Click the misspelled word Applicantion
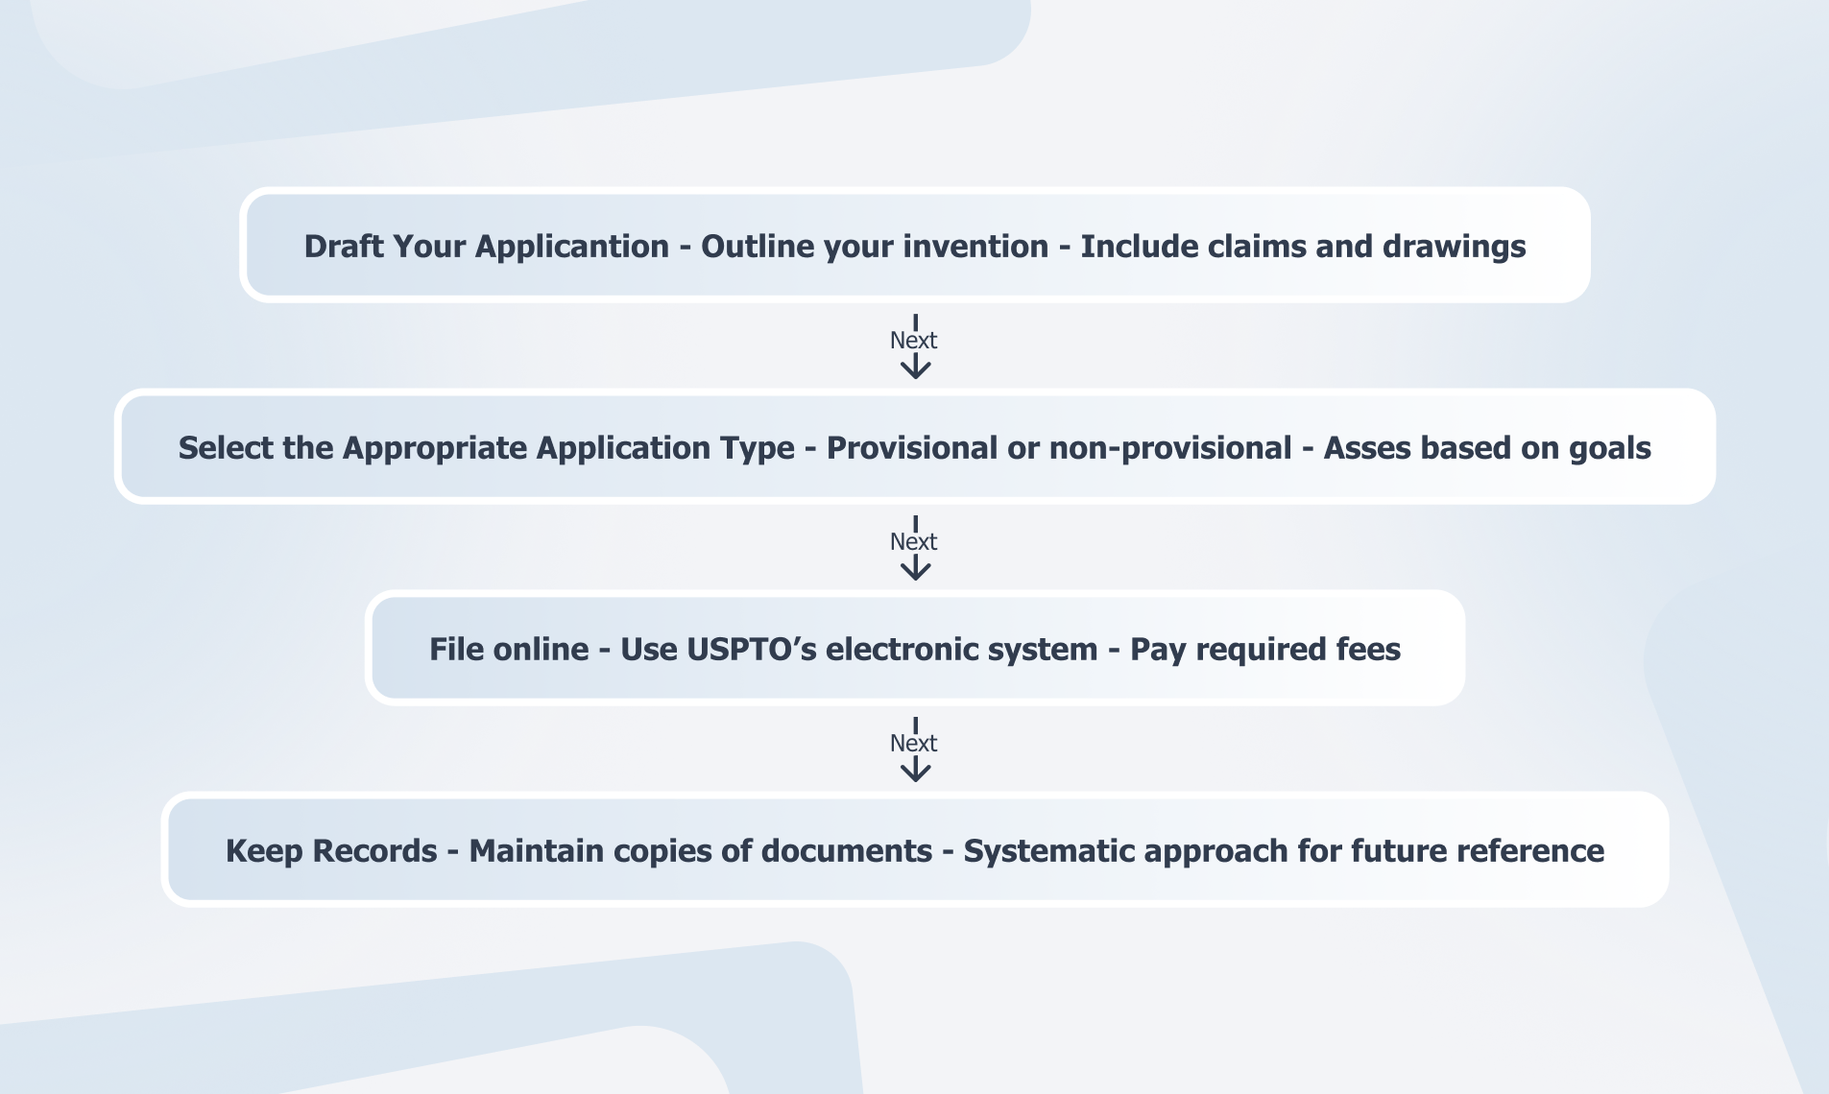coord(572,248)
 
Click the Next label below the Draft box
coord(913,340)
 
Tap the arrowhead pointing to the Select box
coord(915,368)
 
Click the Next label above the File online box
coord(913,541)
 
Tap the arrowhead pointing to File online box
coord(915,569)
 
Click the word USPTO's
coord(752,649)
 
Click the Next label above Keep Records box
coord(913,743)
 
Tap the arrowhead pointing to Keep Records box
coord(915,771)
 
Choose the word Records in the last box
coord(374,850)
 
